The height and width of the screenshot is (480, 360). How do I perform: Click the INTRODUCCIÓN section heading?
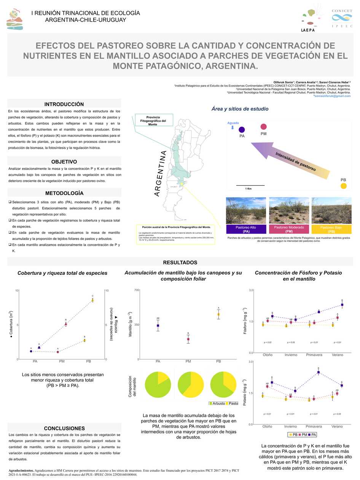tap(64, 104)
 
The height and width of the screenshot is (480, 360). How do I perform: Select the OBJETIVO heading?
tap(64, 162)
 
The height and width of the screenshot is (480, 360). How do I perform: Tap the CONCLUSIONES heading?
tap(64, 428)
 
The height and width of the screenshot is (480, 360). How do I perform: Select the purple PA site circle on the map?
tap(242, 130)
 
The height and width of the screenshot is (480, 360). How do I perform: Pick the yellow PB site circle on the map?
tap(343, 186)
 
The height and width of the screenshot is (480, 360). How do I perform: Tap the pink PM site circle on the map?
tap(263, 127)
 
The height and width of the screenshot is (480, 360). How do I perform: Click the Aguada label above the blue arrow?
tap(233, 123)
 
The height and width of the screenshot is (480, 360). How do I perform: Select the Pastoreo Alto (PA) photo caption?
tap(245, 229)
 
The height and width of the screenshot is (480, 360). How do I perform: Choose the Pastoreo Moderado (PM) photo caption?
tap(289, 229)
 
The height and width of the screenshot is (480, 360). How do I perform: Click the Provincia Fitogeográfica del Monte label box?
tap(153, 120)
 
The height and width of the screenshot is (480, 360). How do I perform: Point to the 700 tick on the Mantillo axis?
tap(136, 290)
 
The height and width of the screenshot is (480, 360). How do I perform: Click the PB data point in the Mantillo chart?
tap(218, 314)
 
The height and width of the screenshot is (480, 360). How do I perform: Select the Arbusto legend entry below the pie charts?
tap(217, 403)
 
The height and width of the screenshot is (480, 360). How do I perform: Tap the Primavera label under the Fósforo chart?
tap(314, 355)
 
